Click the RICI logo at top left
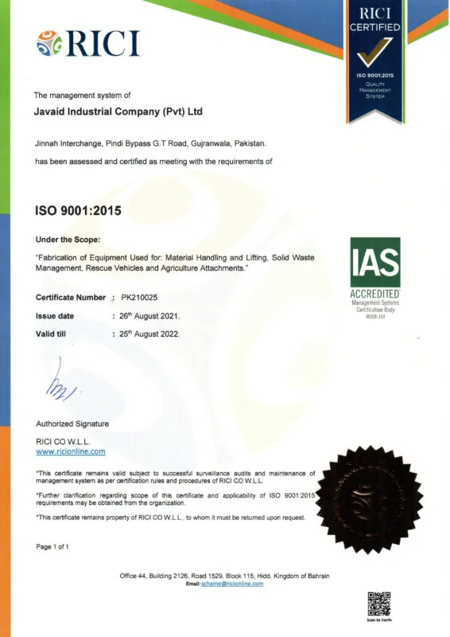click(88, 42)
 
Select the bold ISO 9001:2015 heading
click(78, 213)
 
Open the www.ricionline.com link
click(71, 451)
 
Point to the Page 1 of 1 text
click(53, 546)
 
